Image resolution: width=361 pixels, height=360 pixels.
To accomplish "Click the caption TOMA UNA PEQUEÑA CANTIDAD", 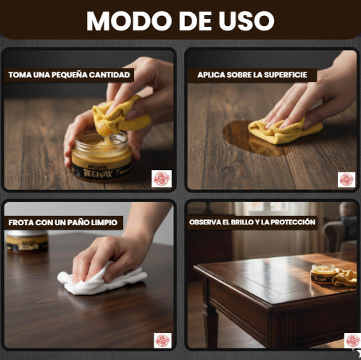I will (70, 75).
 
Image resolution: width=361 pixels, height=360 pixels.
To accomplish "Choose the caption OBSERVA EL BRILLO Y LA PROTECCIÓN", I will (252, 222).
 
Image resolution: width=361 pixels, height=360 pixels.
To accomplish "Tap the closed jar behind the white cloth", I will (26, 241).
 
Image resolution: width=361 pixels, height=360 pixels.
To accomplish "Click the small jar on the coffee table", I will (322, 274).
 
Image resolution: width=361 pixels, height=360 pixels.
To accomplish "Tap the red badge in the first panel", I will (162, 178).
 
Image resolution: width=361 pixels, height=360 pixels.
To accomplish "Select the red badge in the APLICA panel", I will (347, 179).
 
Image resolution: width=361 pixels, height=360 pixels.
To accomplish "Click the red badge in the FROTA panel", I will (162, 340).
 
